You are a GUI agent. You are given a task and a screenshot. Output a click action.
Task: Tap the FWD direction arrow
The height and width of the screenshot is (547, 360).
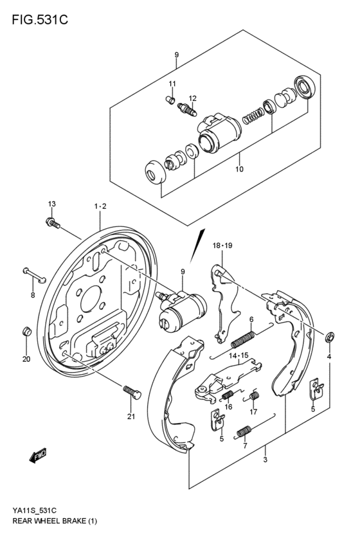tap(37, 455)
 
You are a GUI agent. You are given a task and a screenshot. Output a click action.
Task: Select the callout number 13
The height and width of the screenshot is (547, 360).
tap(51, 204)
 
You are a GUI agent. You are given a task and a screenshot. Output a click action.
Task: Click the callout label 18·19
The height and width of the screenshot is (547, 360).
tap(221, 245)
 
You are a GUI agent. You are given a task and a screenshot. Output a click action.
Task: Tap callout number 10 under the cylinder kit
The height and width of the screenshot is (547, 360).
tap(239, 170)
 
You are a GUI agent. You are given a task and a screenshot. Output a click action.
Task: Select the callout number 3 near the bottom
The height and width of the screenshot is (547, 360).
tap(265, 460)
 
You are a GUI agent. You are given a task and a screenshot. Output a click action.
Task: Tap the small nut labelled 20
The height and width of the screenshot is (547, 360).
tap(26, 332)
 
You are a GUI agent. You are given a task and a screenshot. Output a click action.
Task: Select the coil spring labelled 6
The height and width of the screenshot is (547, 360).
tap(245, 337)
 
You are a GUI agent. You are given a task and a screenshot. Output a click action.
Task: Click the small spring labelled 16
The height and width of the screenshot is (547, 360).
tap(227, 393)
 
